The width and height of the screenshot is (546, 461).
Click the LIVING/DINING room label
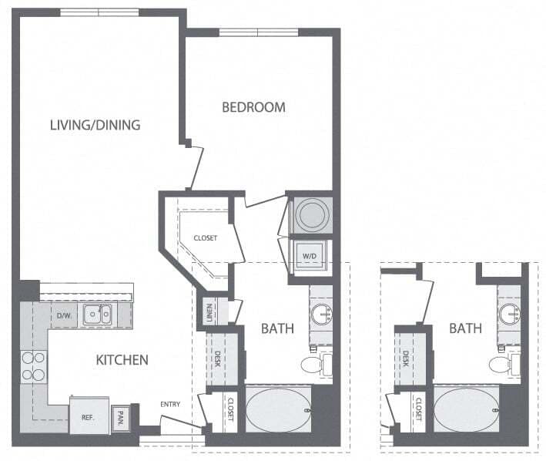click(x=95, y=125)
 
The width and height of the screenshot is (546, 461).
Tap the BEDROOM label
click(x=253, y=107)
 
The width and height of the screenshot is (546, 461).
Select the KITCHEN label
click(x=122, y=360)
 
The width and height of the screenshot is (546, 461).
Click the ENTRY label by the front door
click(x=170, y=405)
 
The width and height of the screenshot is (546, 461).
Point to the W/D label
click(x=310, y=256)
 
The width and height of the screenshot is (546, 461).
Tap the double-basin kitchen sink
click(x=98, y=313)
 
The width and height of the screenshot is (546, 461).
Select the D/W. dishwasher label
click(x=64, y=315)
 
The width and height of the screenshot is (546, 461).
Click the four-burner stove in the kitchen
click(x=33, y=366)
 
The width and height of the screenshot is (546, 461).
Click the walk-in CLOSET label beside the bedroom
click(x=205, y=238)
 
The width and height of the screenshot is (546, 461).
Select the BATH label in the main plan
click(x=276, y=328)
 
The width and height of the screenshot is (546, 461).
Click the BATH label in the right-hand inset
click(x=465, y=328)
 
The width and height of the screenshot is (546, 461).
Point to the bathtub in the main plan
click(x=280, y=410)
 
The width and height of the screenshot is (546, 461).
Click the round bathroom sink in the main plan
click(x=321, y=315)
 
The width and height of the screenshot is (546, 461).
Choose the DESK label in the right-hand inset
click(x=406, y=358)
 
